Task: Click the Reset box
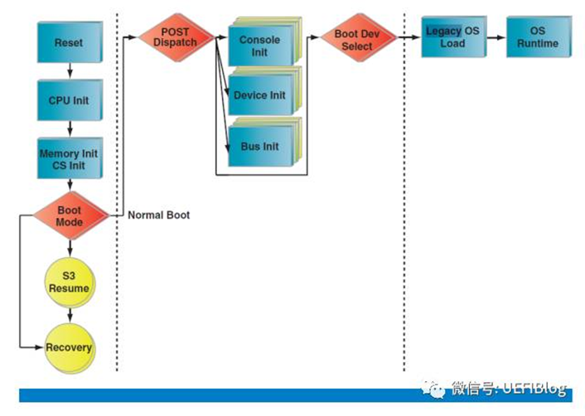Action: [70, 42]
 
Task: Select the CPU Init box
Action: [70, 100]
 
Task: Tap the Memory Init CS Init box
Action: [70, 159]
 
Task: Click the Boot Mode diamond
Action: [70, 215]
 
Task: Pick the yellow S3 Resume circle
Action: [70, 283]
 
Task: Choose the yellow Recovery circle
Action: [70, 347]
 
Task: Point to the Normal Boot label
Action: [158, 215]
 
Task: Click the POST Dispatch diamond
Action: [176, 37]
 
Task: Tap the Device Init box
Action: [259, 95]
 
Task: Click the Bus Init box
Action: [259, 147]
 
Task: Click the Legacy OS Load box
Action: [452, 36]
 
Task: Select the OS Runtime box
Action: [538, 36]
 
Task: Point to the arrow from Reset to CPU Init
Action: [70, 71]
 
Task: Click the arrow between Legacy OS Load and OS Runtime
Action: [496, 36]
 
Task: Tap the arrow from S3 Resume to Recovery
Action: [70, 316]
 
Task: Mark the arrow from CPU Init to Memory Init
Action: [70, 129]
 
